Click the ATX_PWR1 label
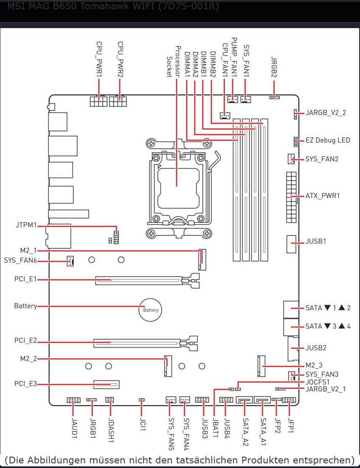[x=323, y=196]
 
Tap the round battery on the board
[x=150, y=310]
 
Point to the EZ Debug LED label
[x=328, y=140]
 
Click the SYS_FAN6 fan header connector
[x=70, y=261]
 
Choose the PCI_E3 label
[x=25, y=384]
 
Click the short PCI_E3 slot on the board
[x=106, y=384]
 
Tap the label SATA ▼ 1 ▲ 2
[x=328, y=308]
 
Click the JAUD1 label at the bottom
[x=74, y=427]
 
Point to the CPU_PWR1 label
[x=99, y=59]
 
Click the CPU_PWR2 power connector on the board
[x=118, y=102]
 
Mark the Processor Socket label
[x=173, y=61]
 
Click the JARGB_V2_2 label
[x=326, y=112]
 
